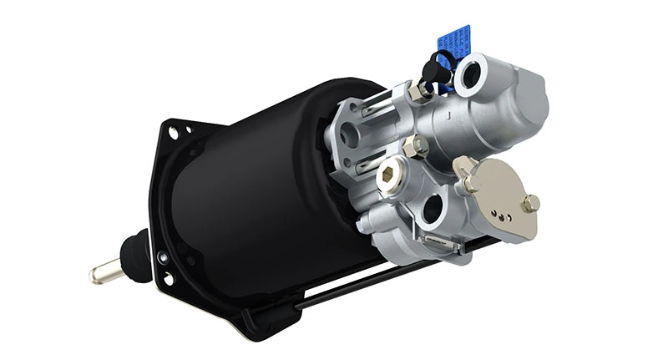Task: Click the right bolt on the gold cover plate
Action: (531, 202)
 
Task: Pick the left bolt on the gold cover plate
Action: (469, 180)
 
